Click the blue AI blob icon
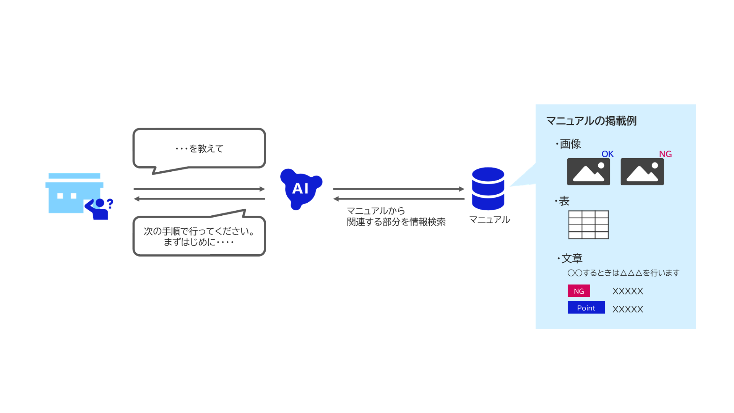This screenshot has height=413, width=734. click(x=300, y=189)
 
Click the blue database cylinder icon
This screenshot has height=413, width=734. click(x=488, y=189)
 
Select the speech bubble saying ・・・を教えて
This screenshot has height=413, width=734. click(x=199, y=148)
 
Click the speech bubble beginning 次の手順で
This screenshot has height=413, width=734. click(x=199, y=236)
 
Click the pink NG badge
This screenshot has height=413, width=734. click(x=578, y=291)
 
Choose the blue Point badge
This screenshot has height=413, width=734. click(x=586, y=308)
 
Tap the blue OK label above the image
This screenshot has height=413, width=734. click(x=607, y=154)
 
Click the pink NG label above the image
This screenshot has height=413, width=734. click(x=665, y=154)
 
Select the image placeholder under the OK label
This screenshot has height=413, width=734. click(x=588, y=172)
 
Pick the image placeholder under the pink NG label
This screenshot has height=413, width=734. click(x=642, y=172)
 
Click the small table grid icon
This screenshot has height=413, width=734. click(x=588, y=225)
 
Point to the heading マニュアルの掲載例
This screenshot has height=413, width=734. click(x=591, y=121)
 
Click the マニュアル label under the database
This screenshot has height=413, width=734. click(x=489, y=220)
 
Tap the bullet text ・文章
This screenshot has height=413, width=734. click(x=570, y=259)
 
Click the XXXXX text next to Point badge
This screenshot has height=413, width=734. click(x=628, y=309)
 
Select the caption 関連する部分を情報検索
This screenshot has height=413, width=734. click(x=396, y=222)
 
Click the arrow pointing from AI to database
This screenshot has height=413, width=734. click(x=398, y=189)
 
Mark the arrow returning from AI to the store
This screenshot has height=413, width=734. click(x=199, y=199)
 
